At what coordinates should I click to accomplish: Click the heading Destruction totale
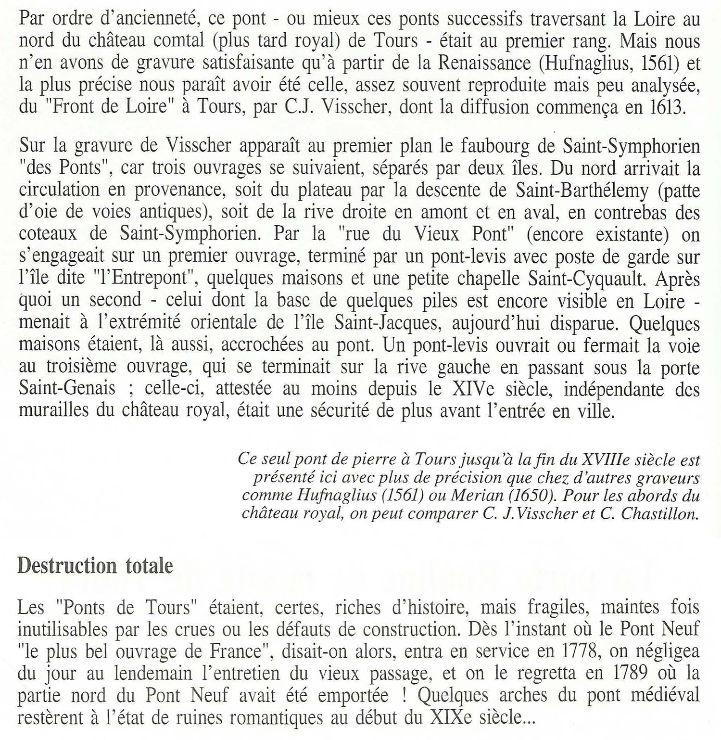tap(95, 566)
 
